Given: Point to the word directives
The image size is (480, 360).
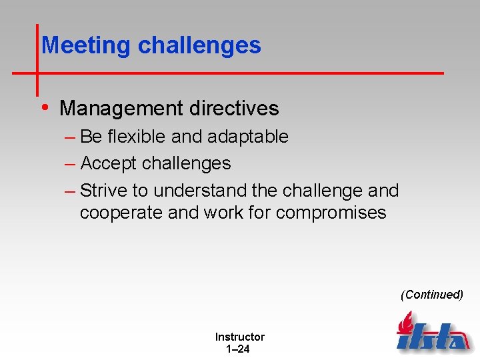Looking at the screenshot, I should click(233, 108).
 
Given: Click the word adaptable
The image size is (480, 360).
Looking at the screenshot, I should click(247, 137).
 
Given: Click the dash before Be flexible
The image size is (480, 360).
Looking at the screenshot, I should click(70, 137).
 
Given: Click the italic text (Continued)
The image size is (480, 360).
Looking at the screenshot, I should click(431, 295).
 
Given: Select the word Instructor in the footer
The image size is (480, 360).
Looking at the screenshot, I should click(239, 337).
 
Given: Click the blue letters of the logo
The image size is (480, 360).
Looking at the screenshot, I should click(433, 337).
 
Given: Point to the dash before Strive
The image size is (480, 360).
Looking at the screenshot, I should click(70, 191).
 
